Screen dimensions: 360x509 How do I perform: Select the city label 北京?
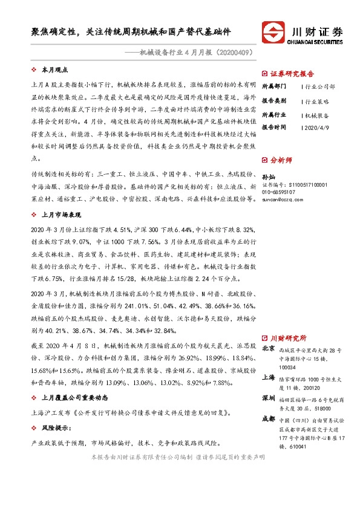click(269, 348)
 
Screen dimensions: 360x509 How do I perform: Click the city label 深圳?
click(269, 398)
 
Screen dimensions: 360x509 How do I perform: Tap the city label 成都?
click(269, 419)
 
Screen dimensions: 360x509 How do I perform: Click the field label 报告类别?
click(274, 100)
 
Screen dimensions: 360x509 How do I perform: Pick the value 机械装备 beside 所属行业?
click(316, 114)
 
